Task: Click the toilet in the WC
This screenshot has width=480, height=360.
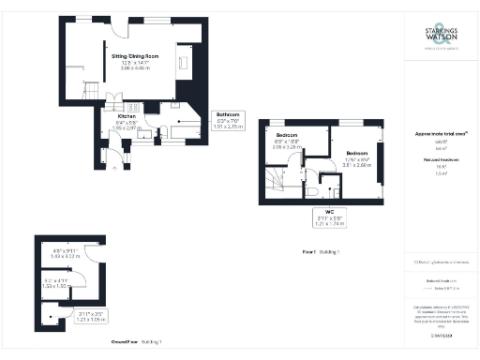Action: (308, 190)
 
